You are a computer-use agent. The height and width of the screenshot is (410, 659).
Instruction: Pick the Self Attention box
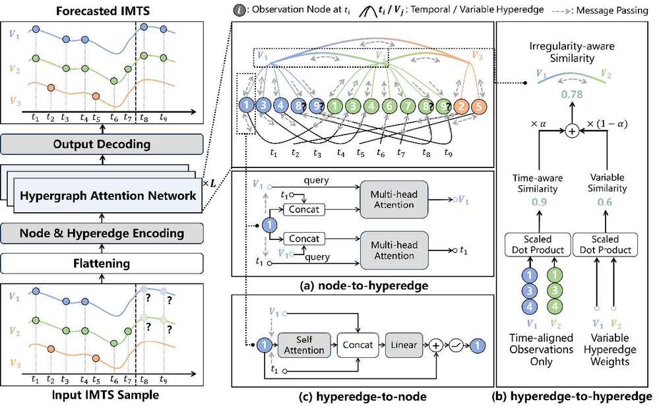click(304, 345)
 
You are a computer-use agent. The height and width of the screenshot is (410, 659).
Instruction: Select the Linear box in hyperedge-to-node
click(404, 345)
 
